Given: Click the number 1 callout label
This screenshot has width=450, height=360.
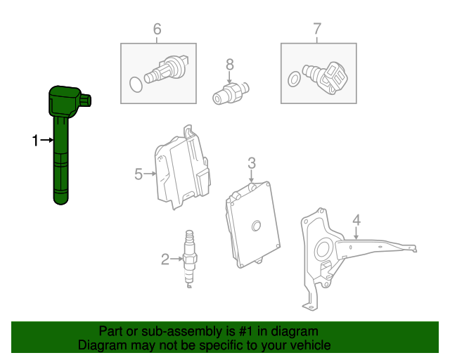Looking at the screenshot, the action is coord(35,141).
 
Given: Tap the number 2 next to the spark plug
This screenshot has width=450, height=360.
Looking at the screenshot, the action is coord(165,259).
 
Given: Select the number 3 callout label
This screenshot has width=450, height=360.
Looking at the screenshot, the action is coord(252,163).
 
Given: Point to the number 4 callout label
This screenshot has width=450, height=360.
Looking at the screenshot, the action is coord(356,220).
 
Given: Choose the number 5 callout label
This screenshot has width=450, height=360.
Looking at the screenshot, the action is coord(139,174).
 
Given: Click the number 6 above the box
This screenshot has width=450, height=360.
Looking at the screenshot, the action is coord(157,29).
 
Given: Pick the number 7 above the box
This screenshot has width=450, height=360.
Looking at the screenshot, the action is coord(317,29).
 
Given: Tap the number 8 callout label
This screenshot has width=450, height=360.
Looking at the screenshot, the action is coord(230,65).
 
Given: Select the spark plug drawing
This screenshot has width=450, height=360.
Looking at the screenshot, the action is coord(189,259).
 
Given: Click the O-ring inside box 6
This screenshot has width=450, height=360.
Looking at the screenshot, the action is coord(136,84).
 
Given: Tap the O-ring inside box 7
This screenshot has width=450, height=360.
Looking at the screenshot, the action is coord(294,79).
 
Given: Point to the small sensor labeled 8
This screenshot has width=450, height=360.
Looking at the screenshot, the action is coord(231,93).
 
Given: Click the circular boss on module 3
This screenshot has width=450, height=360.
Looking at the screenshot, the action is coord(256,226).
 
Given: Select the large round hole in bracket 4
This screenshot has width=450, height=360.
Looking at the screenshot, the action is coord(324,250).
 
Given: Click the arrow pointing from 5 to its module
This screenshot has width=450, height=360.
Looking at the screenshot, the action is coord(150,174).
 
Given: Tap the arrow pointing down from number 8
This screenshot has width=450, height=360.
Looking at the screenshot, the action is coord(229,77).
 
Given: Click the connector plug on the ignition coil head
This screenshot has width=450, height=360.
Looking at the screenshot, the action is coord(86,101).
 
